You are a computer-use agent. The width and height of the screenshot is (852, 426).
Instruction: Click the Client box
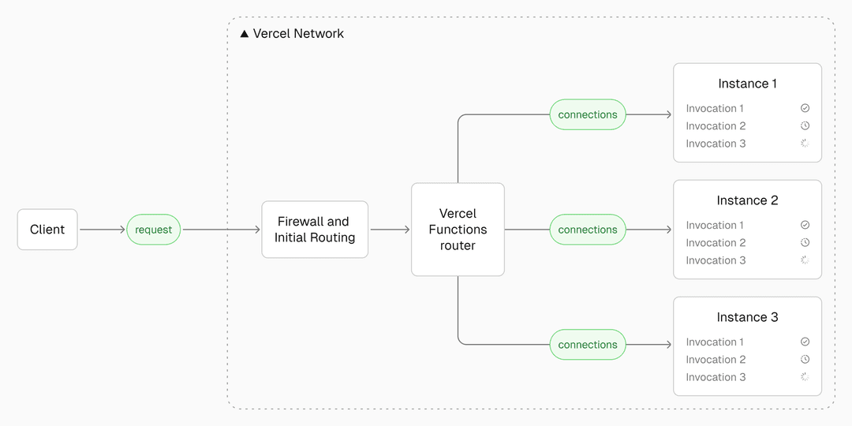[47, 230]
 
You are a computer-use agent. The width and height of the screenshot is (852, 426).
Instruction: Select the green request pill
[154, 230]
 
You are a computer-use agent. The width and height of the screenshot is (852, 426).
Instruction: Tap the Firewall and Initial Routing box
[315, 230]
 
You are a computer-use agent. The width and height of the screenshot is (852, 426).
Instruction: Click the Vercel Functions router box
[458, 230]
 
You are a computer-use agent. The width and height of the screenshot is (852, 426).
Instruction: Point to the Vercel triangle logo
[245, 34]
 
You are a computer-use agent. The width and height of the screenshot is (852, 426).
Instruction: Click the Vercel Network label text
[298, 34]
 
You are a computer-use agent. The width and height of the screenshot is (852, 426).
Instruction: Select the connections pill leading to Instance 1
[588, 114]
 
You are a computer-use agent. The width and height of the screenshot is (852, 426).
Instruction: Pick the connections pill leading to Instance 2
[588, 230]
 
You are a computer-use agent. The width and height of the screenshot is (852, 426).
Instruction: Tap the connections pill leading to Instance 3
[588, 345]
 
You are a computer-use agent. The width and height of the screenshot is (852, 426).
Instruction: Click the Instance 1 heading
[747, 84]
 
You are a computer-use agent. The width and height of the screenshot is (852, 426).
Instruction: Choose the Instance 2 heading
[747, 200]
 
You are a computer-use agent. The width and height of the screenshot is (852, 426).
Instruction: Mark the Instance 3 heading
[747, 317]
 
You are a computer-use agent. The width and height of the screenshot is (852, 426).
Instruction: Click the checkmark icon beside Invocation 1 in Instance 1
[805, 108]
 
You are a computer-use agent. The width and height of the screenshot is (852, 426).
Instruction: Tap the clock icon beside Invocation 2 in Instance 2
[805, 243]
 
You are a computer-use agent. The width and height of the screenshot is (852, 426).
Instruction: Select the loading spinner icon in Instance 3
[805, 377]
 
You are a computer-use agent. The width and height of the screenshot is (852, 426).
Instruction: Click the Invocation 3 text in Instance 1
[716, 144]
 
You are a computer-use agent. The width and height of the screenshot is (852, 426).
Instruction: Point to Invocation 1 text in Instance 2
[715, 226]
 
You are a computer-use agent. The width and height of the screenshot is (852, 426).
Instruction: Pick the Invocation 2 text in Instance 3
[716, 360]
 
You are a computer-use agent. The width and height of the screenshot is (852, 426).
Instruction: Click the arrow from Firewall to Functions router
[390, 230]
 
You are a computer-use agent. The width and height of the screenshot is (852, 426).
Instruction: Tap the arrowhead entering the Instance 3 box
[668, 345]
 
